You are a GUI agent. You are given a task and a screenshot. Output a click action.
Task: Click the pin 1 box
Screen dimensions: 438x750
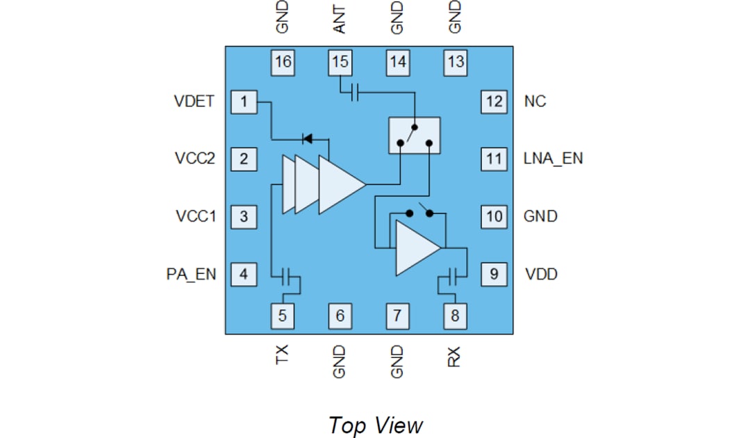[x=244, y=102]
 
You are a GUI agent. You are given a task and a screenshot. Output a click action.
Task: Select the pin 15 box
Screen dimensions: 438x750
[x=340, y=62]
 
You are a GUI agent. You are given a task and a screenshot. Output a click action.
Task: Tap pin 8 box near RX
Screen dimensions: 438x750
[x=455, y=316]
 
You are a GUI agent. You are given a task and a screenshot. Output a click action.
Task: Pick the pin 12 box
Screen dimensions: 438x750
[x=494, y=102]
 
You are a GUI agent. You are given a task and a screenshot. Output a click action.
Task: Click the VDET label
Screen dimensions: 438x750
[x=194, y=102]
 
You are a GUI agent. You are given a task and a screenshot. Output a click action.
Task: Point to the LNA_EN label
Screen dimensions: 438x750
[x=553, y=159]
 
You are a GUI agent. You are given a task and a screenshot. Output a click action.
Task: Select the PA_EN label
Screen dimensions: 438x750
[x=192, y=274]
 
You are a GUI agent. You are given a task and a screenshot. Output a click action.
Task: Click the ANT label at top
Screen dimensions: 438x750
[x=340, y=18]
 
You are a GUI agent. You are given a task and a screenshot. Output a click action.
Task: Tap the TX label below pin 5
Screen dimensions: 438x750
[x=282, y=355]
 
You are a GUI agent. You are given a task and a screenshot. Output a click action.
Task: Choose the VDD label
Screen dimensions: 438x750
[x=540, y=274]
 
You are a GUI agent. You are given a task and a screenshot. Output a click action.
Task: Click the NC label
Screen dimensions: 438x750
[x=535, y=102]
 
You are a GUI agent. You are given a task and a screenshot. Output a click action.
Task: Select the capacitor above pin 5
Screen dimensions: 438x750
[x=288, y=277]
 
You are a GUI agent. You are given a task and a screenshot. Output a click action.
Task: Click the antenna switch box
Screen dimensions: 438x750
[x=414, y=135]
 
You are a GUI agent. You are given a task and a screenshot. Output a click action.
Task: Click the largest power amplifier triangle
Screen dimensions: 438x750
[x=340, y=184]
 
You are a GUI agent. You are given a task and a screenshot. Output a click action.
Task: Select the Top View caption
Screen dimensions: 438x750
[x=375, y=424]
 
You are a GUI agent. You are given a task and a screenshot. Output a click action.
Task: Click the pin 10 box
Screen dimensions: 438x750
[x=494, y=216]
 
